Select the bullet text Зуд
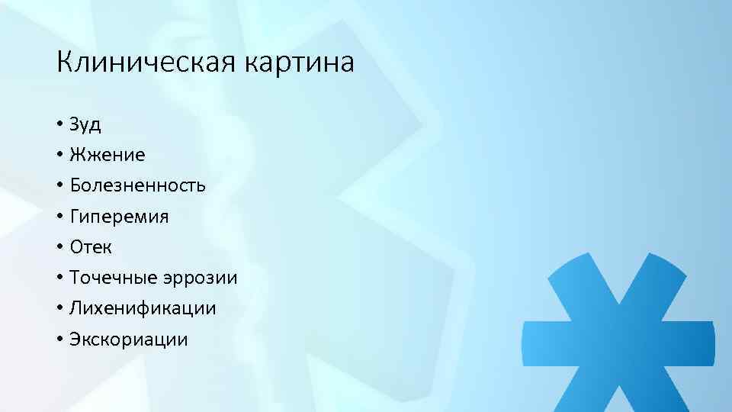[85, 124]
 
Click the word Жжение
[107, 155]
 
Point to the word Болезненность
[137, 185]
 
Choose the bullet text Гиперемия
[119, 217]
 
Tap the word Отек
[91, 247]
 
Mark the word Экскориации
[128, 340]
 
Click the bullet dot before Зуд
[59, 125]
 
